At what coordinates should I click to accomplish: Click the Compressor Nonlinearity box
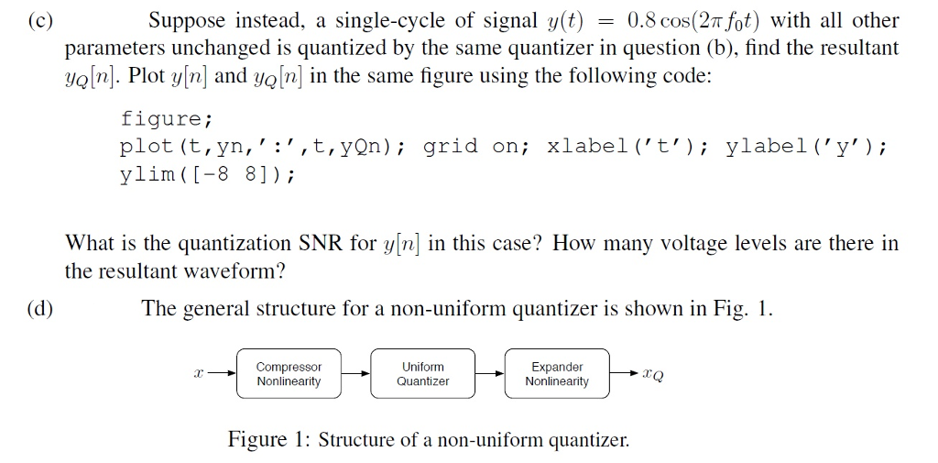pos(289,374)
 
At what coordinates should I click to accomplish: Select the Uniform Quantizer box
pos(422,374)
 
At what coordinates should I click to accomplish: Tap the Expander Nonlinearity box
pos(557,374)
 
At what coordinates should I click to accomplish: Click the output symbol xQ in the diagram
pos(653,374)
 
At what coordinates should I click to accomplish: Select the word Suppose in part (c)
pos(187,20)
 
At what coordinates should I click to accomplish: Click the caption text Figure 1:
pos(269,439)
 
